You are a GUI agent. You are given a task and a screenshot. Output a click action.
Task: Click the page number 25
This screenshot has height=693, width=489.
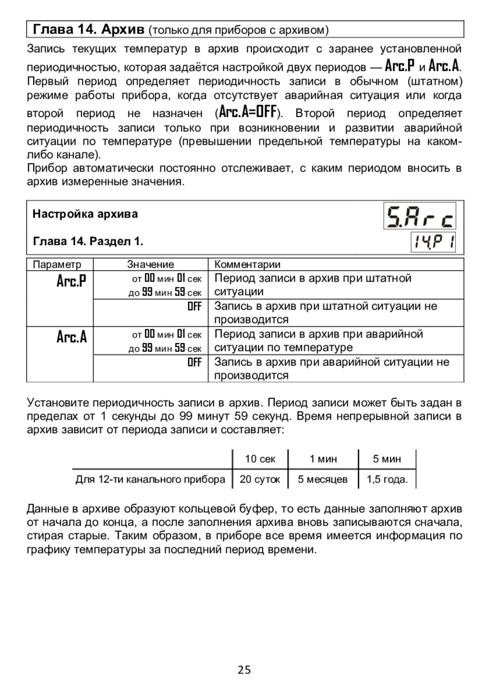click(244, 670)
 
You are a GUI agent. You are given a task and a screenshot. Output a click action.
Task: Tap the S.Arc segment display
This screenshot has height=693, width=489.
click(421, 216)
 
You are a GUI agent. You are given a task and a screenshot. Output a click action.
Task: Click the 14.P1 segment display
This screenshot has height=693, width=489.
click(432, 242)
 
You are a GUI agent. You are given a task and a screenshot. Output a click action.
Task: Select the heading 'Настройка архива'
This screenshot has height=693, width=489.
click(85, 214)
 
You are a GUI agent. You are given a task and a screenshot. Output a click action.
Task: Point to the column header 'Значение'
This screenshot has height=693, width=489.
click(151, 265)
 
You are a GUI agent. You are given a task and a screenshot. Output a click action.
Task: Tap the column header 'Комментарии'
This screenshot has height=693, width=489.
click(248, 265)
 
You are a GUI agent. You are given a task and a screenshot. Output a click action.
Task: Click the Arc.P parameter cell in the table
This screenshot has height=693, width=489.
click(71, 282)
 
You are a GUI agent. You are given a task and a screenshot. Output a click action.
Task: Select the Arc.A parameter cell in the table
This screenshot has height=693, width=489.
click(71, 337)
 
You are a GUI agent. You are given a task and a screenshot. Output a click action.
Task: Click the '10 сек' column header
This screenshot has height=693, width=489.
click(260, 459)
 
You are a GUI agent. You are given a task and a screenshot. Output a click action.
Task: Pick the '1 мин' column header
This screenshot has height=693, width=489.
click(323, 459)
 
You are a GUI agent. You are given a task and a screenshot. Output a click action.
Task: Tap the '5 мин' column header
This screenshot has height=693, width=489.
click(387, 459)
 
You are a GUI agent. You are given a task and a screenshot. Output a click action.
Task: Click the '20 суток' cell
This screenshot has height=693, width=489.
click(260, 479)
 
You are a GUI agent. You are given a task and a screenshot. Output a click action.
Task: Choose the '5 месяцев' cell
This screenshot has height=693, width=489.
click(323, 479)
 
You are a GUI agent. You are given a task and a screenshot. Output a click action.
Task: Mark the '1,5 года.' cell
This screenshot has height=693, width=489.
click(387, 479)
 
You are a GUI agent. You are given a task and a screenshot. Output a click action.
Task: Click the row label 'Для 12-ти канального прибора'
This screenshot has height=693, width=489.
click(150, 479)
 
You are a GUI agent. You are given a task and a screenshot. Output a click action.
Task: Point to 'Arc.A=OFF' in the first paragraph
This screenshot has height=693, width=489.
click(248, 113)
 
